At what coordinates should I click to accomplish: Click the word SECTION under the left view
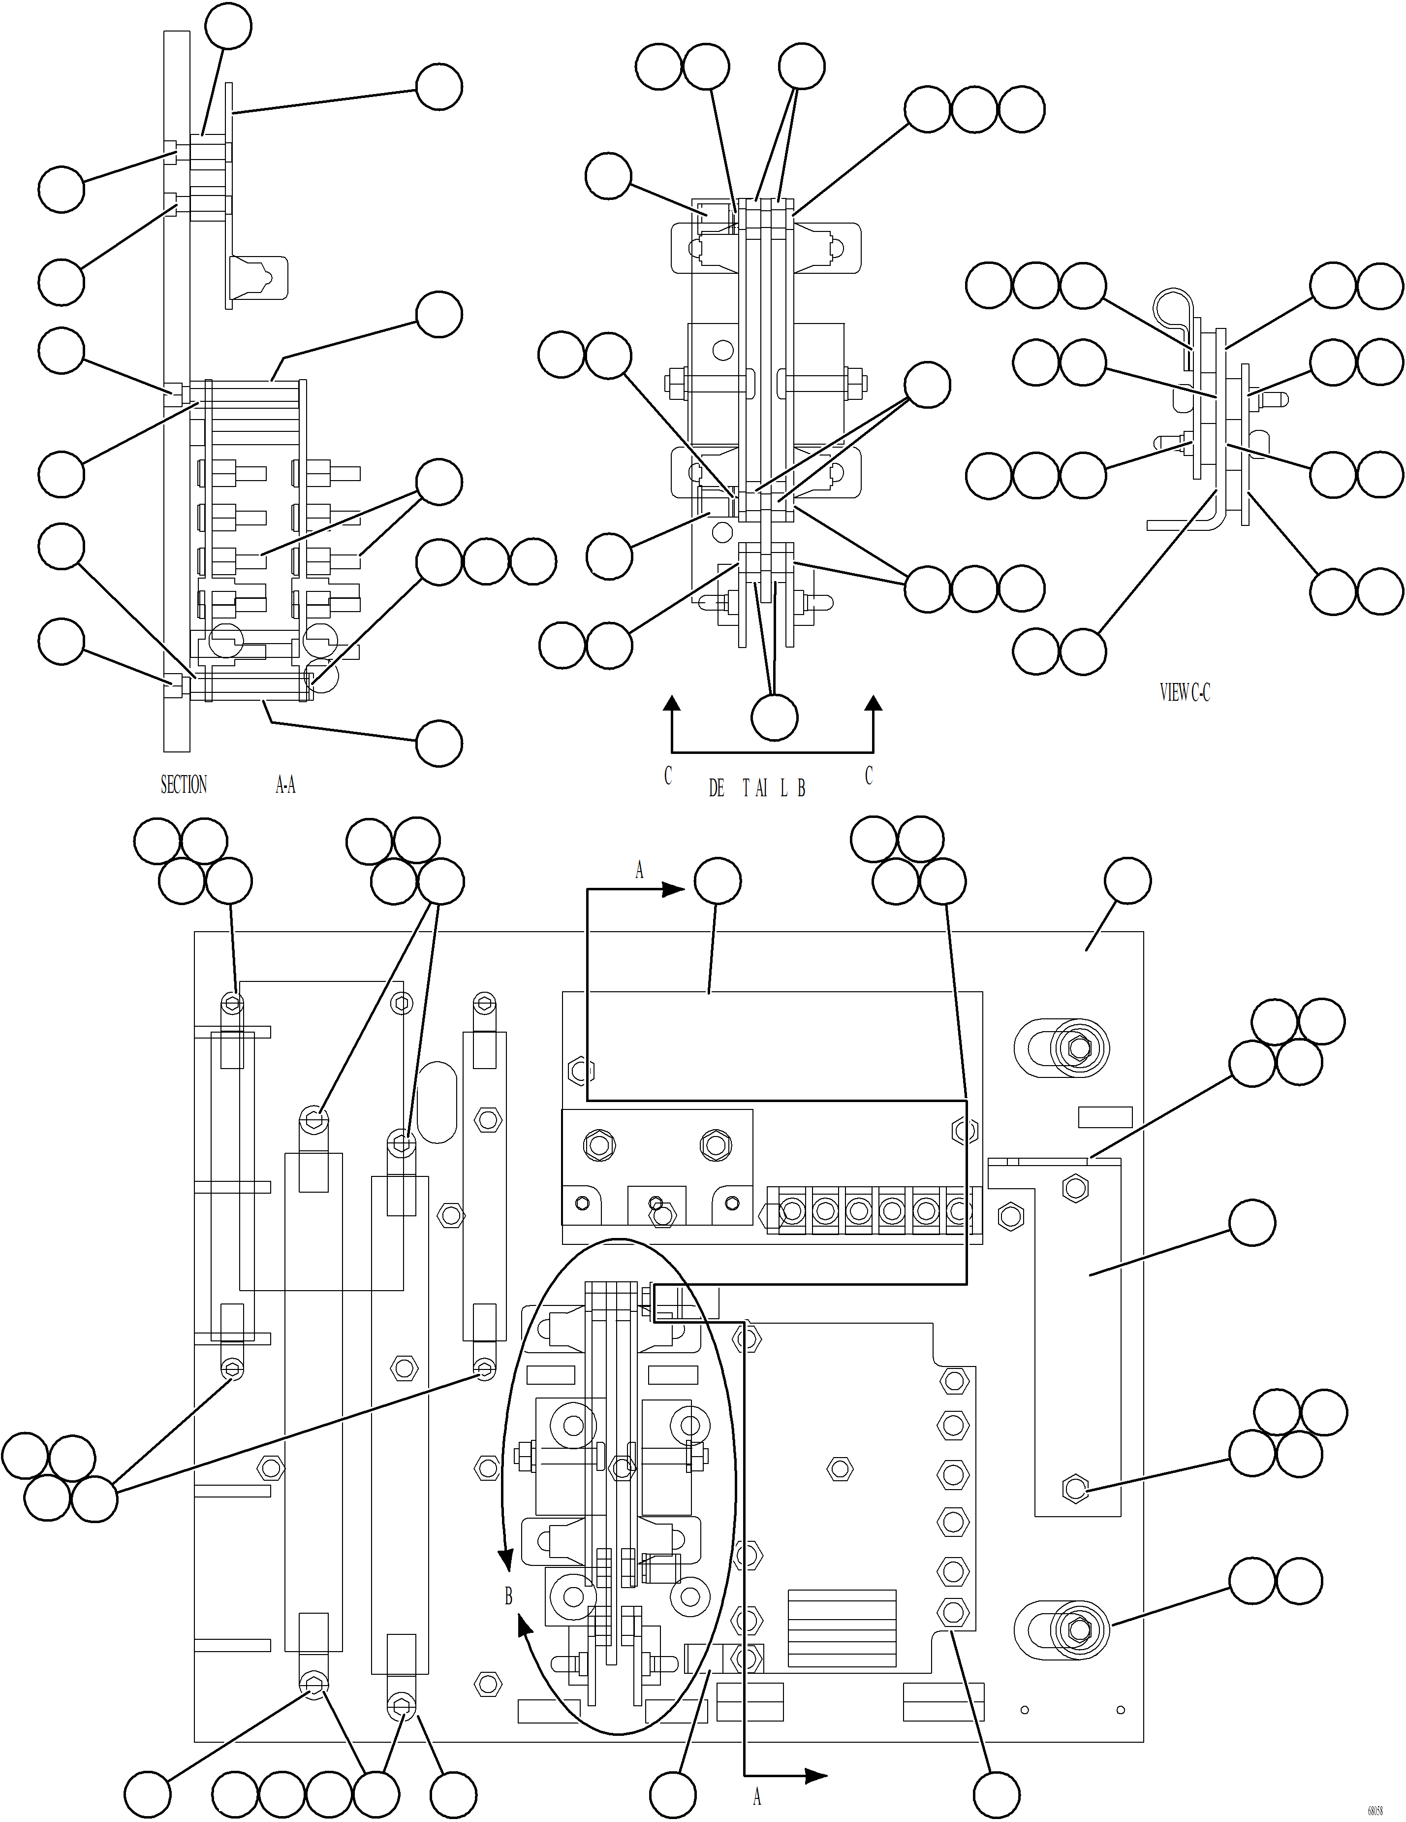click(184, 785)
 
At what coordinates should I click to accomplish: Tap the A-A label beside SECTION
click(285, 785)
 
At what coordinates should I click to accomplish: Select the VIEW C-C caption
click(1184, 692)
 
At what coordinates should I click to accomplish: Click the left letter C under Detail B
click(668, 776)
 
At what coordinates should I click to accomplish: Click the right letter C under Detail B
click(868, 776)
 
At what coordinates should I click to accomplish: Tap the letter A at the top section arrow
click(640, 870)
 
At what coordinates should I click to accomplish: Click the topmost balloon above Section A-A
click(228, 26)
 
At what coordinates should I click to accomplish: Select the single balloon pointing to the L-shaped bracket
click(1252, 1246)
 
